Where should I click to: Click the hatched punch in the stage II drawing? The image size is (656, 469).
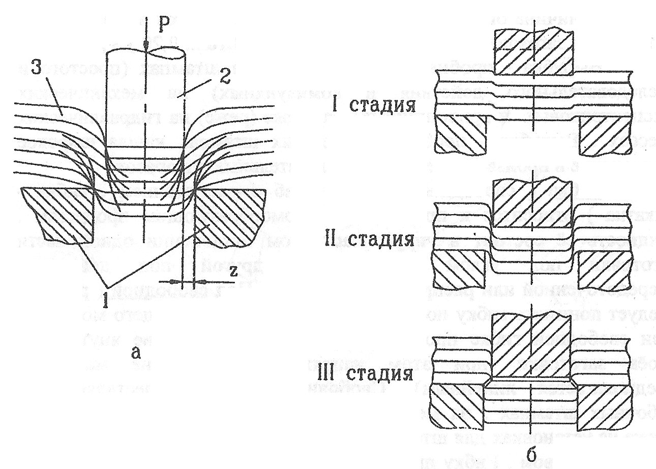[532, 203]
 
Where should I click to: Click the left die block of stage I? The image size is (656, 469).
[461, 134]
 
